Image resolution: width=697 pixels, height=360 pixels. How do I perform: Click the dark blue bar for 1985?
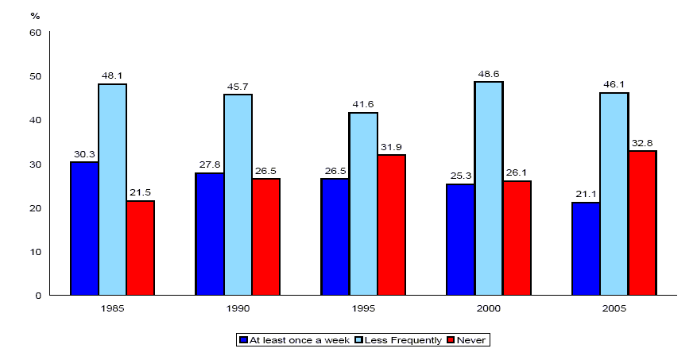(x=84, y=228)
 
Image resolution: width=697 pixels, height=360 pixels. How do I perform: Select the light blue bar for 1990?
(x=238, y=195)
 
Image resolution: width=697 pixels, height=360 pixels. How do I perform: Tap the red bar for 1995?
(x=391, y=225)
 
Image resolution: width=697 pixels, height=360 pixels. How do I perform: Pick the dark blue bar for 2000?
(x=460, y=239)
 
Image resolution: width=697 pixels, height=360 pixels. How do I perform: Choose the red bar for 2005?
(x=642, y=223)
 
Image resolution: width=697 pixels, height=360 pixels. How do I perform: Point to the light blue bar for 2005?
(x=614, y=194)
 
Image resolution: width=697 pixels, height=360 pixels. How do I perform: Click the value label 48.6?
(x=488, y=73)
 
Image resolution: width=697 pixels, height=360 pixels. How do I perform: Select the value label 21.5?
(x=140, y=192)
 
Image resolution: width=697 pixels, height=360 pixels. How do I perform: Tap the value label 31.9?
(x=391, y=147)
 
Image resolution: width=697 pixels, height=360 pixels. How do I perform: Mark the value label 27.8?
(x=210, y=165)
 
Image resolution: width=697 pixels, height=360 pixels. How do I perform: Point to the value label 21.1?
(x=586, y=194)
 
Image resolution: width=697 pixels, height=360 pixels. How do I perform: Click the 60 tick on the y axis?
(x=35, y=33)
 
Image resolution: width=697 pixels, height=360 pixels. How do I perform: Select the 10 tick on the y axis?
(x=35, y=252)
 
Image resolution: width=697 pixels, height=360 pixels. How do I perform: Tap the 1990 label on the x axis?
(x=238, y=308)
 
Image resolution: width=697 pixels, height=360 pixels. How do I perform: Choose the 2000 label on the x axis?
(x=488, y=308)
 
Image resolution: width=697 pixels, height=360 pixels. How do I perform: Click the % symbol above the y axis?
(x=35, y=15)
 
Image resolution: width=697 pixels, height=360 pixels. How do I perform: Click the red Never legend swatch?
(x=451, y=340)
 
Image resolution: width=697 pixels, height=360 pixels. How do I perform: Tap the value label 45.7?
(x=238, y=86)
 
